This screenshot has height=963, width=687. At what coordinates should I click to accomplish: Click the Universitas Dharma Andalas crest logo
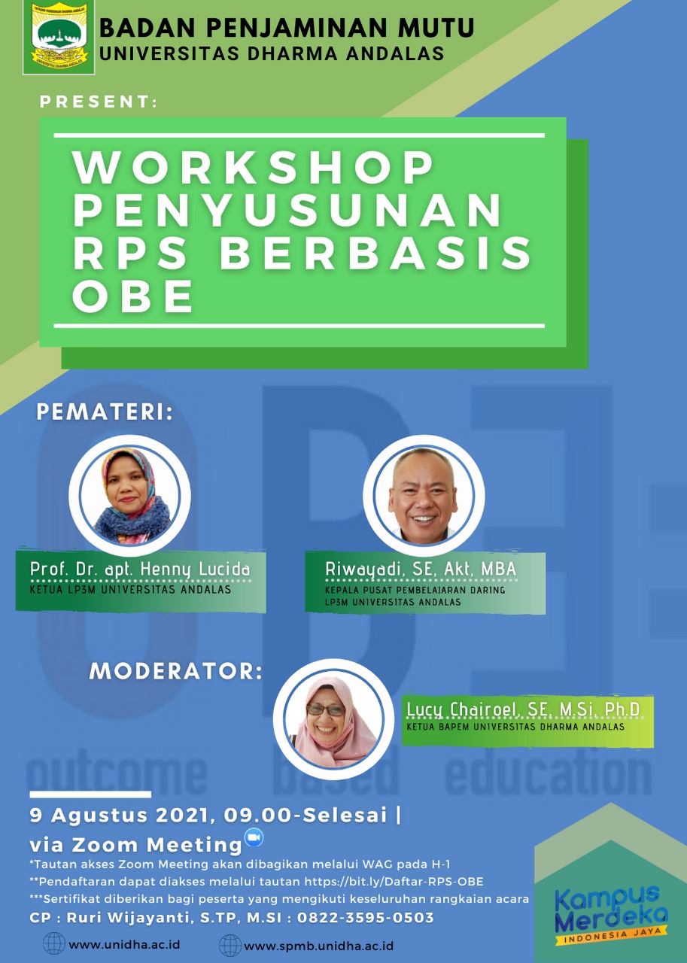[59, 38]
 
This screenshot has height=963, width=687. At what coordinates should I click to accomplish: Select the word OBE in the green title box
[132, 296]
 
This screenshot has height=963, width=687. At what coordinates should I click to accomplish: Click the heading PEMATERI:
[105, 412]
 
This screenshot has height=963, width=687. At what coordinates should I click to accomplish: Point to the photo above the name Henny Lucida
[129, 495]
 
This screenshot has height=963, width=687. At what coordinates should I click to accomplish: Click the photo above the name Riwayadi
[424, 495]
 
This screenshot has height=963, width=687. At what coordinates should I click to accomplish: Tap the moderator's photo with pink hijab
[333, 720]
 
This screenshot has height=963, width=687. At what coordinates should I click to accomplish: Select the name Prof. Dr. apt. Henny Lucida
[140, 570]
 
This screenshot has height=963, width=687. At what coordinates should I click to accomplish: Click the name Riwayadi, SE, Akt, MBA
[421, 569]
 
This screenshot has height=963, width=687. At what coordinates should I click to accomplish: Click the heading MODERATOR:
[176, 671]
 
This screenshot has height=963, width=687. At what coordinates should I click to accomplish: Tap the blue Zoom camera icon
[254, 837]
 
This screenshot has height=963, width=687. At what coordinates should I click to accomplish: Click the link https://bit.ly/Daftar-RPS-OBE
[394, 882]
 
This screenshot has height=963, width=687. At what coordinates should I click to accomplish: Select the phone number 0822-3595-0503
[366, 917]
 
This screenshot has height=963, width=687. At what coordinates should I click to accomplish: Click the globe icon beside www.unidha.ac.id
[54, 943]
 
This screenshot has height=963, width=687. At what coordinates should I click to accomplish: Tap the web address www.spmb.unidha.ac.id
[318, 946]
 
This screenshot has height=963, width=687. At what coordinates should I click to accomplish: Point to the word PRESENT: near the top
[99, 102]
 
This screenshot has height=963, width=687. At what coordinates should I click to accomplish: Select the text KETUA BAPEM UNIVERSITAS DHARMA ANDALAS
[515, 727]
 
